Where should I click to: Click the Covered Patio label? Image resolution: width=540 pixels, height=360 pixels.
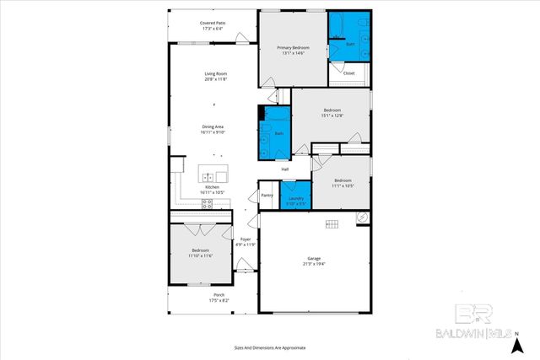click(x=213, y=23)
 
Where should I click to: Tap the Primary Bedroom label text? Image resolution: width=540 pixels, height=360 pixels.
click(x=294, y=48)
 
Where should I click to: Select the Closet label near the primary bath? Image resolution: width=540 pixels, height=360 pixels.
click(x=349, y=73)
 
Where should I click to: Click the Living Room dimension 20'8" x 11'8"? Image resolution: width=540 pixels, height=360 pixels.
click(x=215, y=78)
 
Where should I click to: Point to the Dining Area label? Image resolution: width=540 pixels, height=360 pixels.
click(x=213, y=127)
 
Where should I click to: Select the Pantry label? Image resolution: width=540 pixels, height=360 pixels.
click(x=267, y=195)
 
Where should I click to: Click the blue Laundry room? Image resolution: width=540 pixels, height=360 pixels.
click(x=296, y=200)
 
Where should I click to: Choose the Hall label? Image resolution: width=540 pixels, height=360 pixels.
click(x=285, y=169)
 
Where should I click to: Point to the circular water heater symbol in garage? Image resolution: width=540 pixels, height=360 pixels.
click(x=363, y=217)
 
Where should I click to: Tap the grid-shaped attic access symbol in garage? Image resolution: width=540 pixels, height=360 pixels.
click(x=332, y=223)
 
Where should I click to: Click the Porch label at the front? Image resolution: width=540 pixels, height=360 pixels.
click(x=207, y=294)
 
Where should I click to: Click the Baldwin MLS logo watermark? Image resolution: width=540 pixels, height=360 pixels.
click(x=477, y=325)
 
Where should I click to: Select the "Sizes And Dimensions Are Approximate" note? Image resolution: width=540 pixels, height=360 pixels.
click(x=270, y=347)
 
